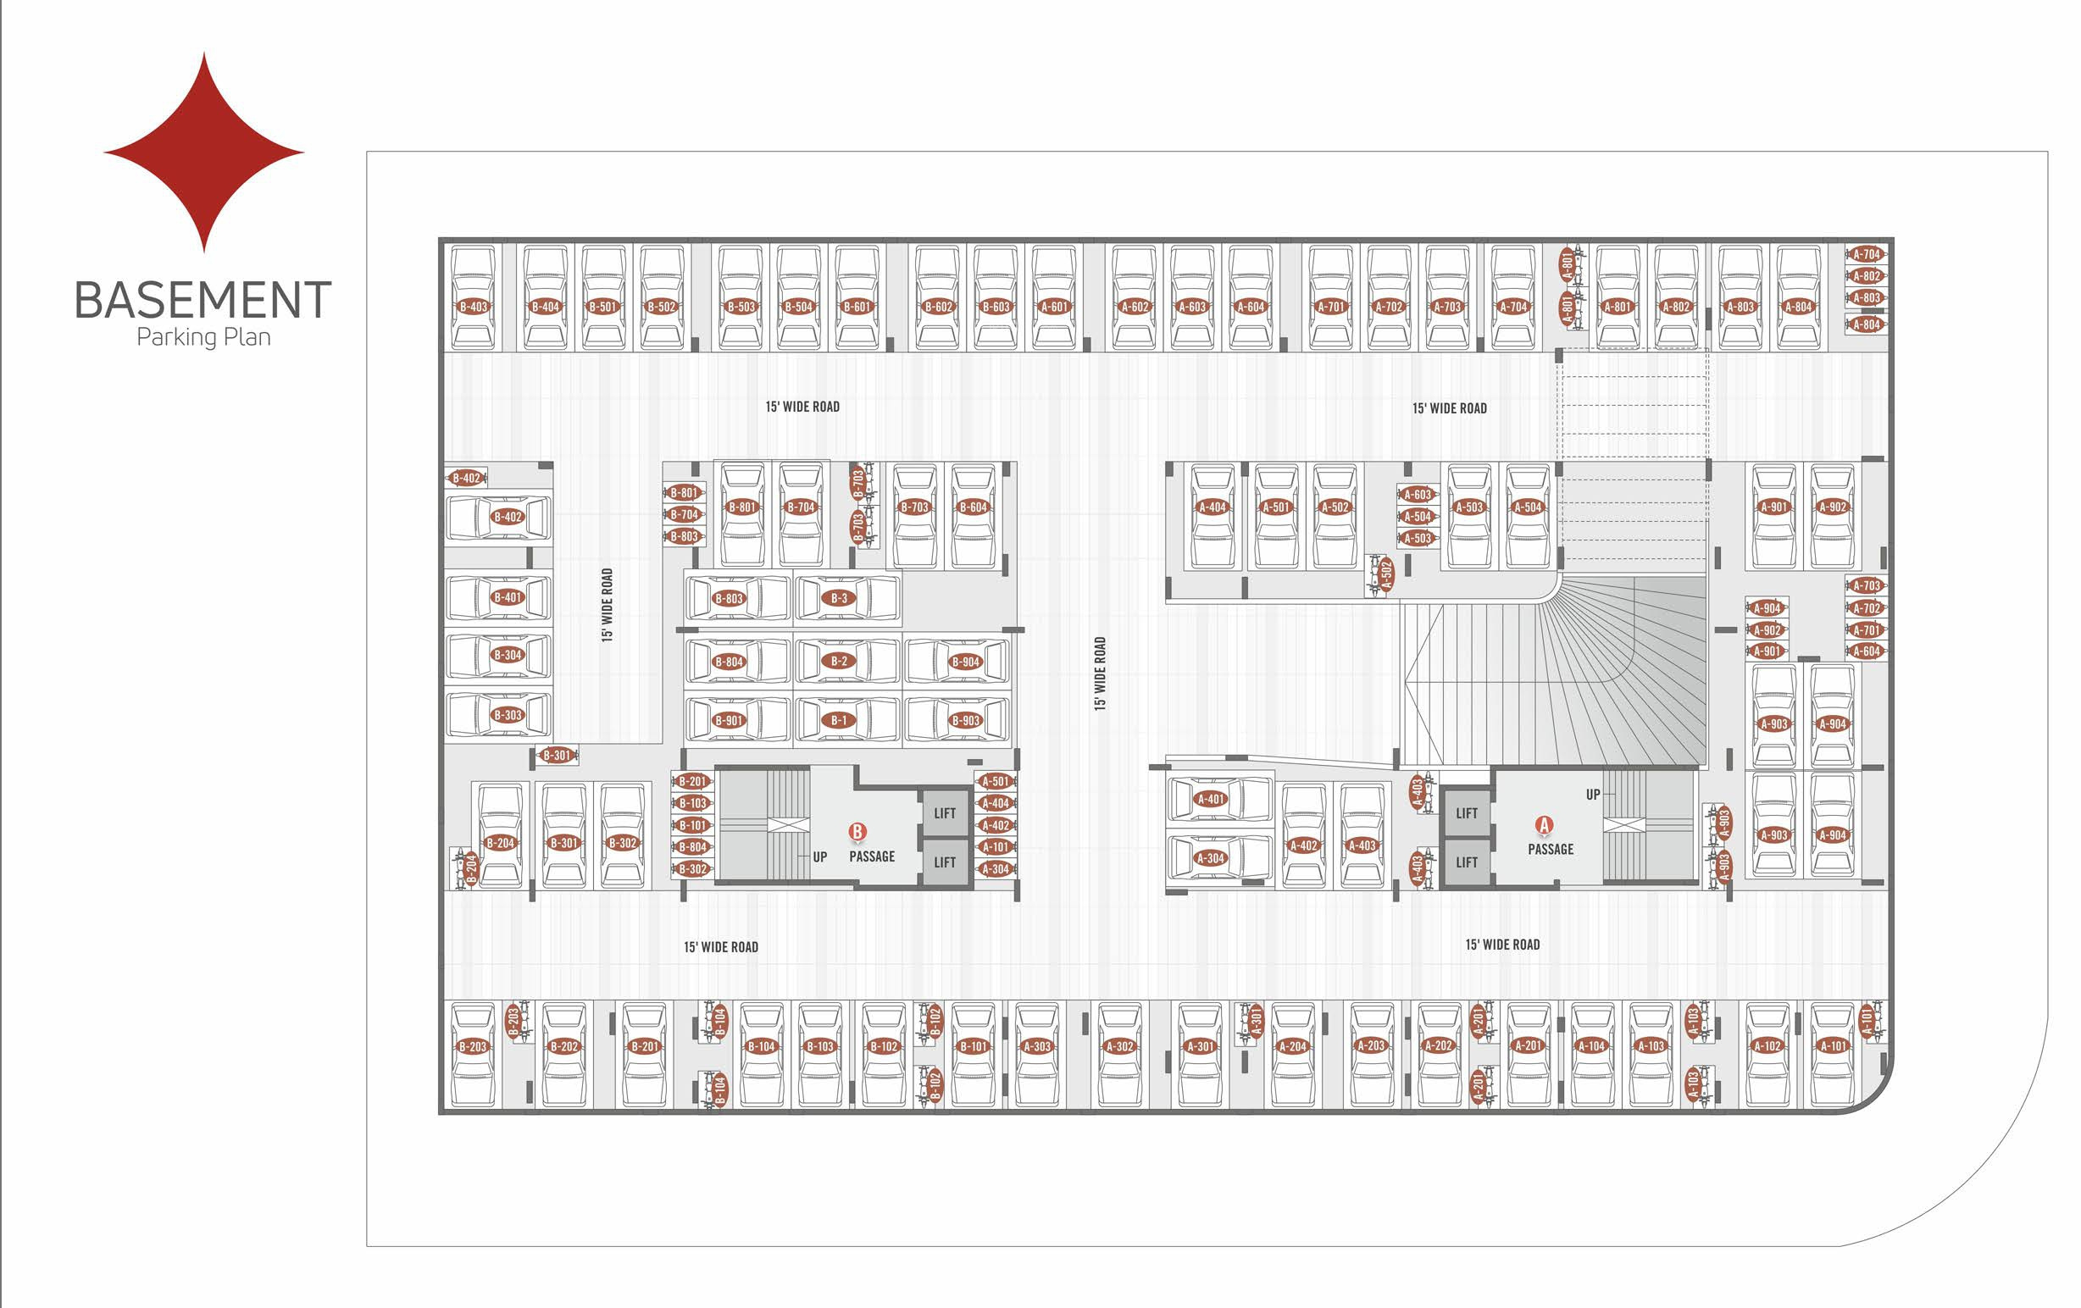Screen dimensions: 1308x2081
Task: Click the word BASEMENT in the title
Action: tap(203, 300)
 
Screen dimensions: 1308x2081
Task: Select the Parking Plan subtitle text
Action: tap(204, 337)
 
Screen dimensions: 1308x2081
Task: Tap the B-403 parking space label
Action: tap(474, 307)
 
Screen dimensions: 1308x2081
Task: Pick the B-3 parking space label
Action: tap(839, 598)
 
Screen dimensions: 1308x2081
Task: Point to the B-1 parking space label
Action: tap(839, 720)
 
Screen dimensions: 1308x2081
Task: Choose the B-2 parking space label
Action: tap(839, 661)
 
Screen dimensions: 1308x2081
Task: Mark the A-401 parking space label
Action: tap(1211, 799)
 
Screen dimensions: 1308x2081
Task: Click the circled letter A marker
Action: tap(1544, 825)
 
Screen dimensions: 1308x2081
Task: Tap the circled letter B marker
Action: tap(857, 832)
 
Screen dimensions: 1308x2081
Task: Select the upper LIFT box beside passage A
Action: tap(1467, 813)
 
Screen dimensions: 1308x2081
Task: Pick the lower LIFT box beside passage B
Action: tap(945, 862)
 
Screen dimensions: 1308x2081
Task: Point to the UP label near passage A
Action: tap(1593, 795)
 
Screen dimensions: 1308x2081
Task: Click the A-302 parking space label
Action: tap(1120, 1046)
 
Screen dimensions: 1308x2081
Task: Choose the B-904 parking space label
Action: tap(965, 662)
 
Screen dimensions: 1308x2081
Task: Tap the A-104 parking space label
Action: tap(1592, 1046)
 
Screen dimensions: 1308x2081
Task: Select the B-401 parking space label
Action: tap(508, 597)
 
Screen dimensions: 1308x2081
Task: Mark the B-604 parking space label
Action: tap(973, 507)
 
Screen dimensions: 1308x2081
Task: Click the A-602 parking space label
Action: tap(1135, 307)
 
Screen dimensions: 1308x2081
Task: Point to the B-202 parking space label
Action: tap(564, 1046)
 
